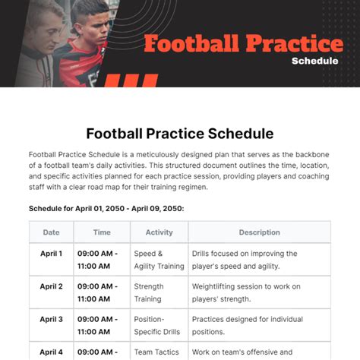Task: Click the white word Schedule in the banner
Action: pyautogui.click(x=314, y=61)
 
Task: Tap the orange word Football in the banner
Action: pyautogui.click(x=191, y=43)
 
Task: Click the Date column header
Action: pyautogui.click(x=51, y=232)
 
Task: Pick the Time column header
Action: pyautogui.click(x=102, y=232)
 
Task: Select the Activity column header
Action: pyautogui.click(x=159, y=232)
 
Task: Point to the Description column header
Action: pyautogui.click(x=260, y=232)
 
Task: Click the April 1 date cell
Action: pyautogui.click(x=51, y=254)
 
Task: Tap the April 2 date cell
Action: pyautogui.click(x=51, y=286)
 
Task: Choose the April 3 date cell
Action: pyautogui.click(x=51, y=319)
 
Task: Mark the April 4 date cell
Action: pyautogui.click(x=51, y=352)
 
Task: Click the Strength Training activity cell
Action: pyautogui.click(x=149, y=292)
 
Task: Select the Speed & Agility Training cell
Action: pyautogui.click(x=159, y=260)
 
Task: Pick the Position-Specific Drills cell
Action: pyautogui.click(x=157, y=326)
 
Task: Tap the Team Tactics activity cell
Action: pyautogui.click(x=156, y=352)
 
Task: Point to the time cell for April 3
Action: pyautogui.click(x=97, y=326)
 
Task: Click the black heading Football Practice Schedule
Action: pyautogui.click(x=180, y=134)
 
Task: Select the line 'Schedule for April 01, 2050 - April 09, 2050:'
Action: pyautogui.click(x=106, y=209)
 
